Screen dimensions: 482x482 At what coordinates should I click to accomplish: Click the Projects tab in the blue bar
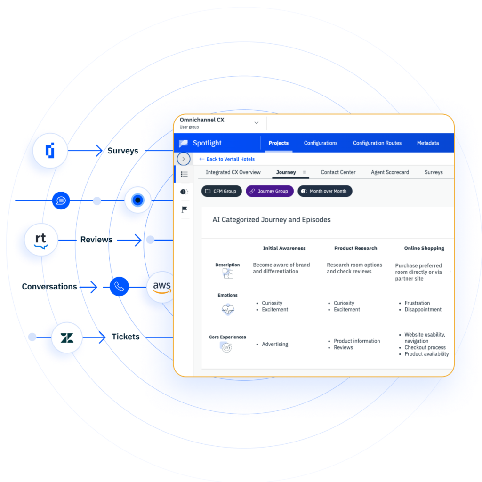tap(279, 143)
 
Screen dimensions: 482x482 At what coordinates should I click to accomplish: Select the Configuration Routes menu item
tap(377, 143)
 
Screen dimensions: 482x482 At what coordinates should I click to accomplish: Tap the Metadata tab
tap(428, 143)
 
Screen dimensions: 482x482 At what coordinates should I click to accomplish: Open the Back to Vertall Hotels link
tap(227, 159)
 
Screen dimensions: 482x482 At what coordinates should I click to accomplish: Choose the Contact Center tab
tap(338, 172)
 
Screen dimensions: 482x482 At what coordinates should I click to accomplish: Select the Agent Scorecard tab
tap(390, 172)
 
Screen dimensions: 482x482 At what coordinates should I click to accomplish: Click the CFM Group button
tap(222, 191)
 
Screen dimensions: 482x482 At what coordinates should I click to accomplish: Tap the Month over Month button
tap(325, 191)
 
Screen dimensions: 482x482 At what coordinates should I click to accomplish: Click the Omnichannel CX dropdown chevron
tap(257, 123)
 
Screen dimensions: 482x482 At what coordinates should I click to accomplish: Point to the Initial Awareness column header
tap(284, 248)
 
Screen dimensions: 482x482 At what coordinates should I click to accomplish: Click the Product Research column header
tap(356, 248)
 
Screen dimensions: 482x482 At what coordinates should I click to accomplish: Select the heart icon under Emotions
tap(228, 309)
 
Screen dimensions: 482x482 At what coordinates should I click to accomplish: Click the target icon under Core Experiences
tap(226, 347)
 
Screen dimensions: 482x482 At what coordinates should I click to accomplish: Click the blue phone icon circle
tap(119, 287)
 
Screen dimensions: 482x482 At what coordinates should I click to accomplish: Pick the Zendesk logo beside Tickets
tap(67, 337)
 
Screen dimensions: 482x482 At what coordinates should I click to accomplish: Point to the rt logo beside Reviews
tap(41, 240)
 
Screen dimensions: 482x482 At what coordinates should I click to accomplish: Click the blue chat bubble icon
tap(61, 201)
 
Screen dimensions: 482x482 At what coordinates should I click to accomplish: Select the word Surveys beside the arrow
tap(123, 151)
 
